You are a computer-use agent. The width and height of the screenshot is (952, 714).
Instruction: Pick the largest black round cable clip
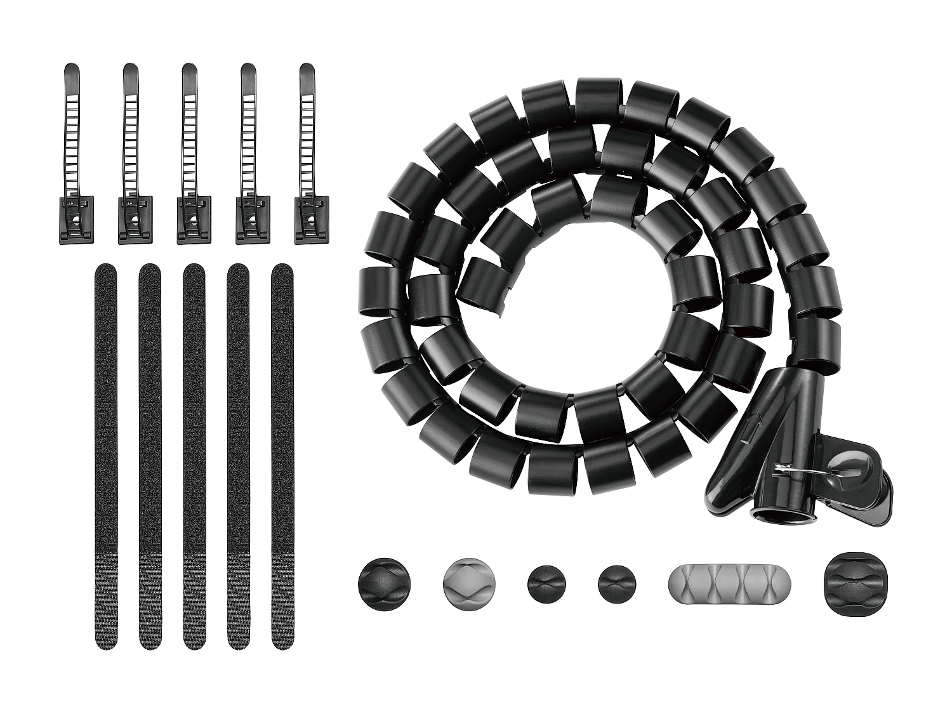pos(384,585)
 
